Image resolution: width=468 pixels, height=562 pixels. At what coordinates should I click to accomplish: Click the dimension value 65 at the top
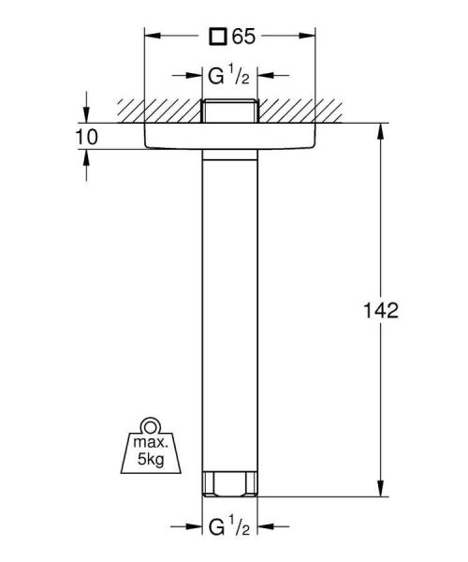[244, 37]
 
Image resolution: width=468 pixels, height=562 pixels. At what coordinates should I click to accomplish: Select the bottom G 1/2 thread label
[228, 527]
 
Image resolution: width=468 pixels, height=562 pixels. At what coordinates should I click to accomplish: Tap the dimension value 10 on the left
[87, 138]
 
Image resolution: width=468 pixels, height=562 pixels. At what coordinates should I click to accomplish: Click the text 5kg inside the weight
[149, 459]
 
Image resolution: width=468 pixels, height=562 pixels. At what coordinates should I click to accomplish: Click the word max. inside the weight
[150, 442]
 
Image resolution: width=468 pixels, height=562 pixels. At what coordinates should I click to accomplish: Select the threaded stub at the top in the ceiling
[228, 110]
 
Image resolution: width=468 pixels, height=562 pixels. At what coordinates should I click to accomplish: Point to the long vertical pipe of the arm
[228, 309]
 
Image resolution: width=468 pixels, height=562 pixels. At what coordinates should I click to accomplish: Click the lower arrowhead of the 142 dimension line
[381, 490]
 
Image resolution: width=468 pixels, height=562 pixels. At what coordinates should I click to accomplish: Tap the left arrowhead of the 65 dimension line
[149, 37]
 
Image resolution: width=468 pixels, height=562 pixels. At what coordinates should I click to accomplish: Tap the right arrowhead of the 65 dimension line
[309, 37]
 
